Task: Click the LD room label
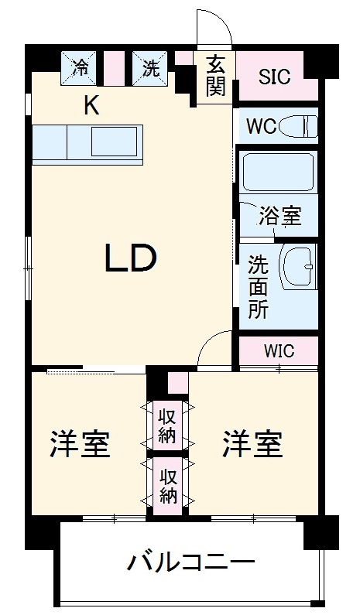(x=132, y=259)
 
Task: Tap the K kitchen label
(x=91, y=106)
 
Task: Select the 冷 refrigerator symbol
(x=80, y=67)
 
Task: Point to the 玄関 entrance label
(x=215, y=76)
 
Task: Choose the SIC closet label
(x=274, y=77)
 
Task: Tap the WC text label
(x=261, y=126)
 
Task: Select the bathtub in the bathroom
(x=278, y=173)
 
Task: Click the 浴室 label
(x=279, y=216)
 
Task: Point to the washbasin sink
(x=297, y=267)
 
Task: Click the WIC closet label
(x=279, y=350)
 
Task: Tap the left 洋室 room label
(x=80, y=444)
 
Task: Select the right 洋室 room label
(x=252, y=444)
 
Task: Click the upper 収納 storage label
(x=168, y=425)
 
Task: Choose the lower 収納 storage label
(x=168, y=486)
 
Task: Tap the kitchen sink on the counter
(x=115, y=142)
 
